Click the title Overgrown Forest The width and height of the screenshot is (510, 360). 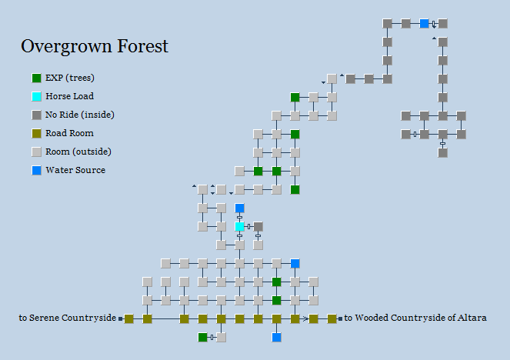(x=94, y=47)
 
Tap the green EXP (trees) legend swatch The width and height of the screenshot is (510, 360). (x=37, y=78)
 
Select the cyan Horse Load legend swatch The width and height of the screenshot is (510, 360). (x=37, y=97)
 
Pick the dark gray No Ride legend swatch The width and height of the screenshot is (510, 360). (x=37, y=115)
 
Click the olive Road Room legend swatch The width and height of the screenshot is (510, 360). (x=37, y=134)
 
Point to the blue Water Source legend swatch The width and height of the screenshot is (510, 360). (x=37, y=170)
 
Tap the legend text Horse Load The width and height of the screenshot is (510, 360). (x=69, y=97)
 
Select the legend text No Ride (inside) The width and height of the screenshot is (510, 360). (x=80, y=115)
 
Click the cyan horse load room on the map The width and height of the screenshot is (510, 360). (x=240, y=226)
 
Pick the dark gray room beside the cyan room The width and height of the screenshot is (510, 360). (x=258, y=226)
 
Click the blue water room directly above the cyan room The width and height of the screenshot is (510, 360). (x=240, y=208)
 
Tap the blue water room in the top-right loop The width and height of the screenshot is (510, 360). (x=425, y=24)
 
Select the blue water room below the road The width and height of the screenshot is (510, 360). (x=277, y=337)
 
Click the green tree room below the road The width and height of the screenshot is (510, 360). (x=203, y=337)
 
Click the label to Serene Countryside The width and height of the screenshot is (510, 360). (x=68, y=318)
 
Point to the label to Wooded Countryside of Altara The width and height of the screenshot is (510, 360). (x=415, y=318)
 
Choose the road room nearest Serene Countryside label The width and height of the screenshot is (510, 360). (x=129, y=318)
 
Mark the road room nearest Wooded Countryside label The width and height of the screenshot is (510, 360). (x=332, y=318)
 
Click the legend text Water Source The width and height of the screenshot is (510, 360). (x=75, y=170)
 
